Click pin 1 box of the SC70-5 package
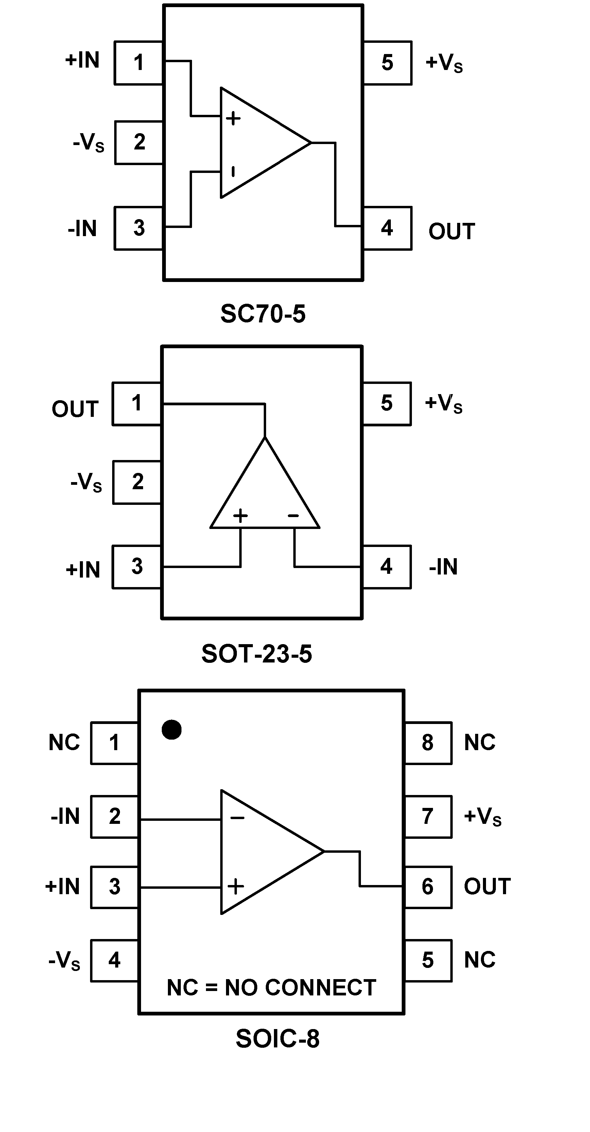click(138, 63)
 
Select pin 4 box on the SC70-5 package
click(387, 228)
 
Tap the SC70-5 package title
click(263, 314)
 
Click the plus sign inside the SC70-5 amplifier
click(233, 118)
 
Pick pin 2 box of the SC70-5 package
click(139, 142)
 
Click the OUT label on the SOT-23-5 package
click(75, 409)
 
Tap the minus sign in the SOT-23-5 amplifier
click(293, 515)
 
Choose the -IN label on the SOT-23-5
click(443, 567)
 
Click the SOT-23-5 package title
click(257, 654)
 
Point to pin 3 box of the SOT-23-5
click(137, 567)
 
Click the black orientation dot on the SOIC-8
click(172, 730)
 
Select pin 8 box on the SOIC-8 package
click(428, 743)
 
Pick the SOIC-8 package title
click(277, 1039)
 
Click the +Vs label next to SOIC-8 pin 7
click(483, 816)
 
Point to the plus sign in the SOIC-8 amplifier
click(236, 886)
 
